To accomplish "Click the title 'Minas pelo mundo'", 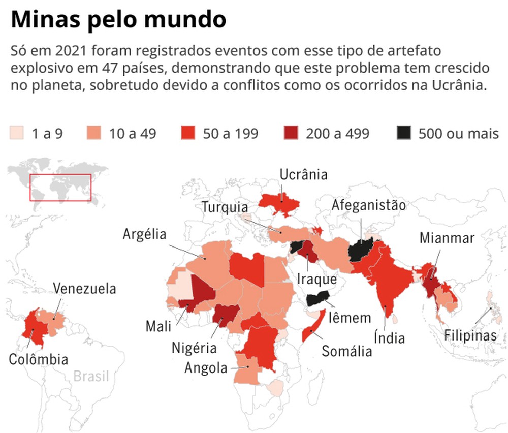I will pos(118,20).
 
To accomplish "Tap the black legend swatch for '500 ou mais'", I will pos(404,133).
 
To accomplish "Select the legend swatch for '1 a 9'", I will pos(17,133).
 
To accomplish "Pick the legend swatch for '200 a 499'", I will pos(291,133).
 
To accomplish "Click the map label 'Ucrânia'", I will pos(304,175).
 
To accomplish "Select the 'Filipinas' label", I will pos(469,335).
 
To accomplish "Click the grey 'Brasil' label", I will pos(91,377).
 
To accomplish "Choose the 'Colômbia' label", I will pos(39,360).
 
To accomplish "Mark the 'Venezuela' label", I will pos(85,288).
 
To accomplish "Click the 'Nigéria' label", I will pos(194,348).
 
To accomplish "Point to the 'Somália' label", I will pos(347,351).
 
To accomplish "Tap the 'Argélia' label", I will pos(145,234).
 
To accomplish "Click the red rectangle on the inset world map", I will pos(60,187).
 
